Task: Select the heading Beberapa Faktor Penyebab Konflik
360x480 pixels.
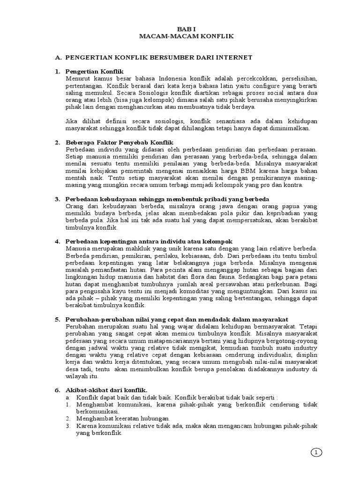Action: [x=120, y=142]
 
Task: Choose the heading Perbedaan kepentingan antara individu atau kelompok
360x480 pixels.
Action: [x=149, y=241]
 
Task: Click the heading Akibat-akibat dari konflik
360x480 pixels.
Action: [x=107, y=390]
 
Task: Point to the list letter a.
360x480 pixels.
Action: [x=68, y=397]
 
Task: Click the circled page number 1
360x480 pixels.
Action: [x=317, y=452]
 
